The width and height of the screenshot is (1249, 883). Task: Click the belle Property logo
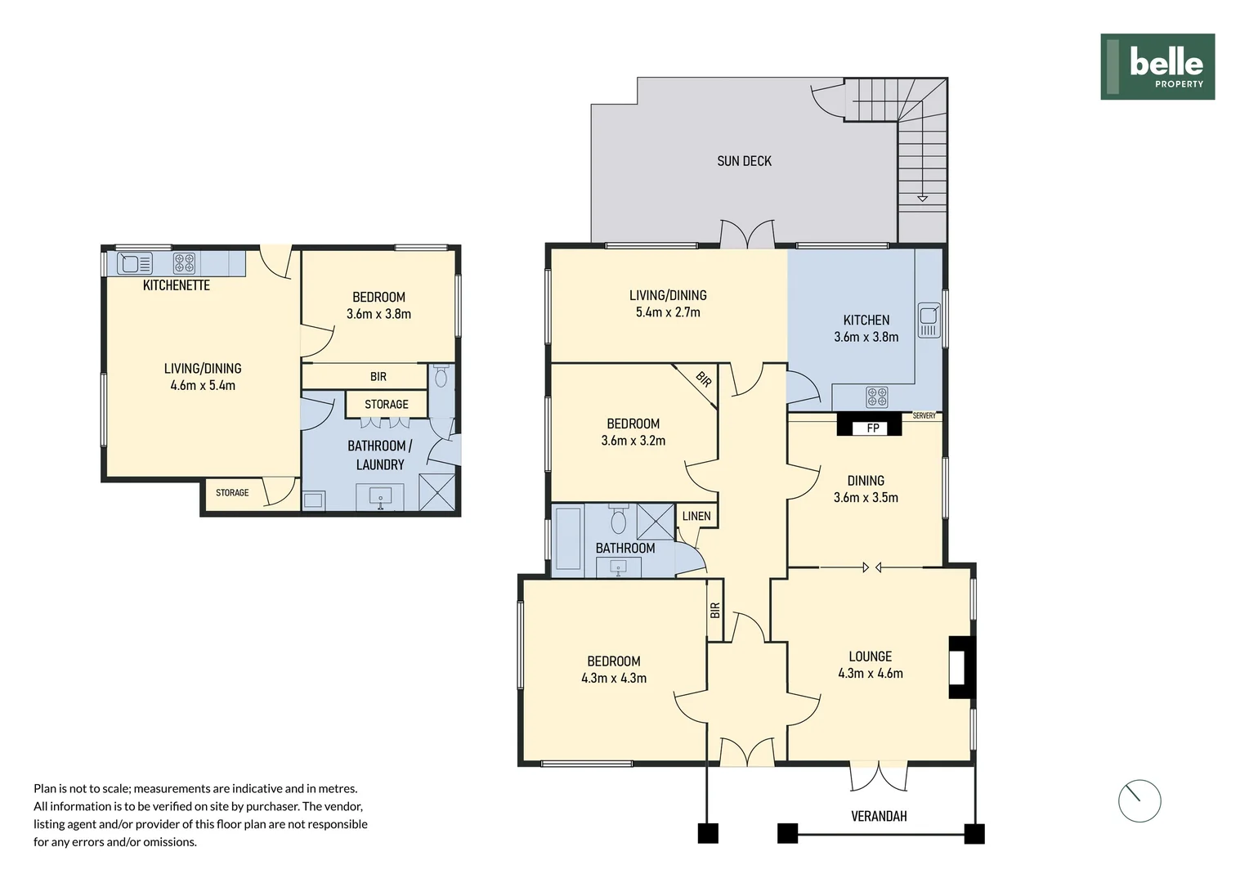tap(1157, 67)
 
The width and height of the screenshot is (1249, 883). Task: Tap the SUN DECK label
tap(744, 161)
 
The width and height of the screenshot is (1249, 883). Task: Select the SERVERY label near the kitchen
tap(924, 415)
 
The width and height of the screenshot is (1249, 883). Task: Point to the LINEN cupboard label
tap(696, 516)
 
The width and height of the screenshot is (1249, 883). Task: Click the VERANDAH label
tap(879, 816)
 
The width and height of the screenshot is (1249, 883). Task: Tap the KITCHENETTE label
tap(177, 285)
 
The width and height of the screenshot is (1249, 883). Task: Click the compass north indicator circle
tap(1139, 800)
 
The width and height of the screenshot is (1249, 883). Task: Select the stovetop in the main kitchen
tap(877, 397)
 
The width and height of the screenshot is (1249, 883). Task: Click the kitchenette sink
tap(135, 263)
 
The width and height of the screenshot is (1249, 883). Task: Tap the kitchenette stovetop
tap(184, 263)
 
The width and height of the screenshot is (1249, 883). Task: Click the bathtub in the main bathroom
tap(567, 540)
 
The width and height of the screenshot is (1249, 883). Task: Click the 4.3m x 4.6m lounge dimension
tap(871, 673)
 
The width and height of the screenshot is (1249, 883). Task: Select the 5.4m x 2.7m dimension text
tap(668, 312)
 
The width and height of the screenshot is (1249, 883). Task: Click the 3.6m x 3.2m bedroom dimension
tap(633, 441)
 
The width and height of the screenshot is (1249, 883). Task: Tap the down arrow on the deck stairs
tap(922, 198)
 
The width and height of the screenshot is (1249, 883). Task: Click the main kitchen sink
tap(929, 320)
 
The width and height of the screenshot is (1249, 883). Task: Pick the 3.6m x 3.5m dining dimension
tap(866, 498)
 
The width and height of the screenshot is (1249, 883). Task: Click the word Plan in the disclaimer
tap(45, 788)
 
